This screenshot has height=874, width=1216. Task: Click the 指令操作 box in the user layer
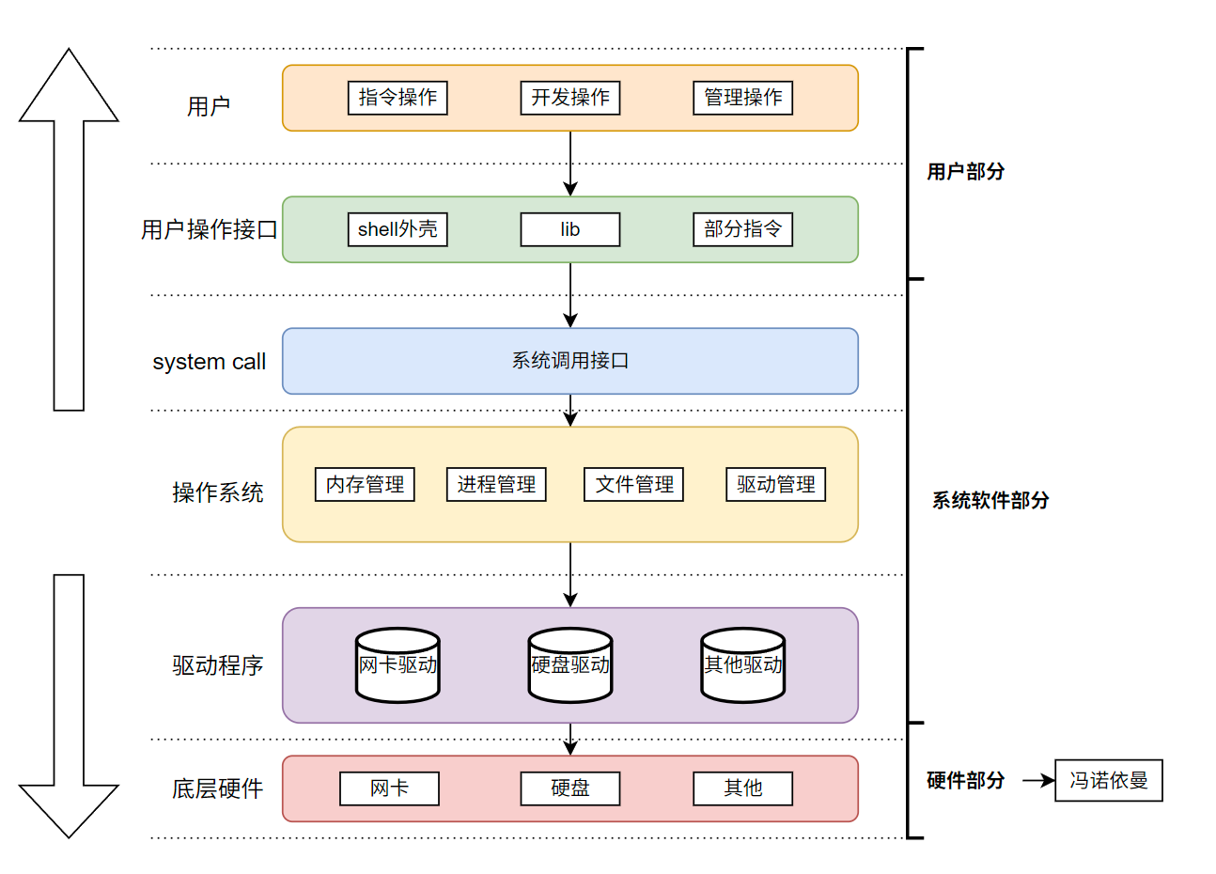click(x=398, y=98)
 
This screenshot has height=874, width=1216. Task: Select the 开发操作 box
click(x=570, y=98)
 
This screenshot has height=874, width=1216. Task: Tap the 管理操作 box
click(x=742, y=98)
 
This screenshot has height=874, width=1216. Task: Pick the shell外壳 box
click(x=398, y=229)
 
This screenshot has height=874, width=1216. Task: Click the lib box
click(x=570, y=229)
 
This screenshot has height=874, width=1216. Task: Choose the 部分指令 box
click(x=742, y=229)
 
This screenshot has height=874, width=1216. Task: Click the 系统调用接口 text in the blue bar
click(x=570, y=361)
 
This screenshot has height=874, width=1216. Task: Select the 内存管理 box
click(x=365, y=485)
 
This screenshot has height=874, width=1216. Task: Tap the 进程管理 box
click(x=496, y=485)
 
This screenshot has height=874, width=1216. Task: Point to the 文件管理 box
click(x=634, y=485)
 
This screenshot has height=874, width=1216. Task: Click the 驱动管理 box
click(x=775, y=485)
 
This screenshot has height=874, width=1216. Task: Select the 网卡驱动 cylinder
click(x=398, y=665)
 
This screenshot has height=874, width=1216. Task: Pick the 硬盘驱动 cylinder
click(x=570, y=665)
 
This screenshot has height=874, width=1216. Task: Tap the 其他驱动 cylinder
click(x=742, y=665)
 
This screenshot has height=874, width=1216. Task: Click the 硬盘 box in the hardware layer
click(x=570, y=788)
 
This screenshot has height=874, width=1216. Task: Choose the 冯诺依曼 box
click(x=1109, y=781)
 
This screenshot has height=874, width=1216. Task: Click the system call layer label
click(x=209, y=362)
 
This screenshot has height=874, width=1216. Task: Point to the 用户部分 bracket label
click(x=965, y=172)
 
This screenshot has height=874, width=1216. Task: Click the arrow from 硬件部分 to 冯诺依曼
click(x=1037, y=781)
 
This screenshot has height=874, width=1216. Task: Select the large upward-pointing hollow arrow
click(x=69, y=235)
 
